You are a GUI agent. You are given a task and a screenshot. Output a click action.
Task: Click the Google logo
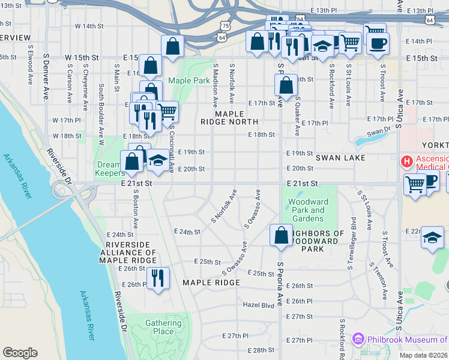click(20, 353)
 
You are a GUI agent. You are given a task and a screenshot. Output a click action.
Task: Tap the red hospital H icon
click(406, 161)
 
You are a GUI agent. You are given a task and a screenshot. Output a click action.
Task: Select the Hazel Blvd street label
click(258, 305)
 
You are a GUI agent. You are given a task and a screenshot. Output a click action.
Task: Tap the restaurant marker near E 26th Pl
click(158, 278)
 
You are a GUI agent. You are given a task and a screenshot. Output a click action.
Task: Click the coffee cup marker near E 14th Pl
click(378, 43)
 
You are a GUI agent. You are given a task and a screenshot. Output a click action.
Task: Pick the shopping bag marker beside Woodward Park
click(281, 235)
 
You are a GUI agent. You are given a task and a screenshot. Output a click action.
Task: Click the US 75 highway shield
click(224, 26)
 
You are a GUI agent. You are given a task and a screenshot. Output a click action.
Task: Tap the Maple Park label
click(188, 80)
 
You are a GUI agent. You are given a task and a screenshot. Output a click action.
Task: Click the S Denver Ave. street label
click(46, 75)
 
